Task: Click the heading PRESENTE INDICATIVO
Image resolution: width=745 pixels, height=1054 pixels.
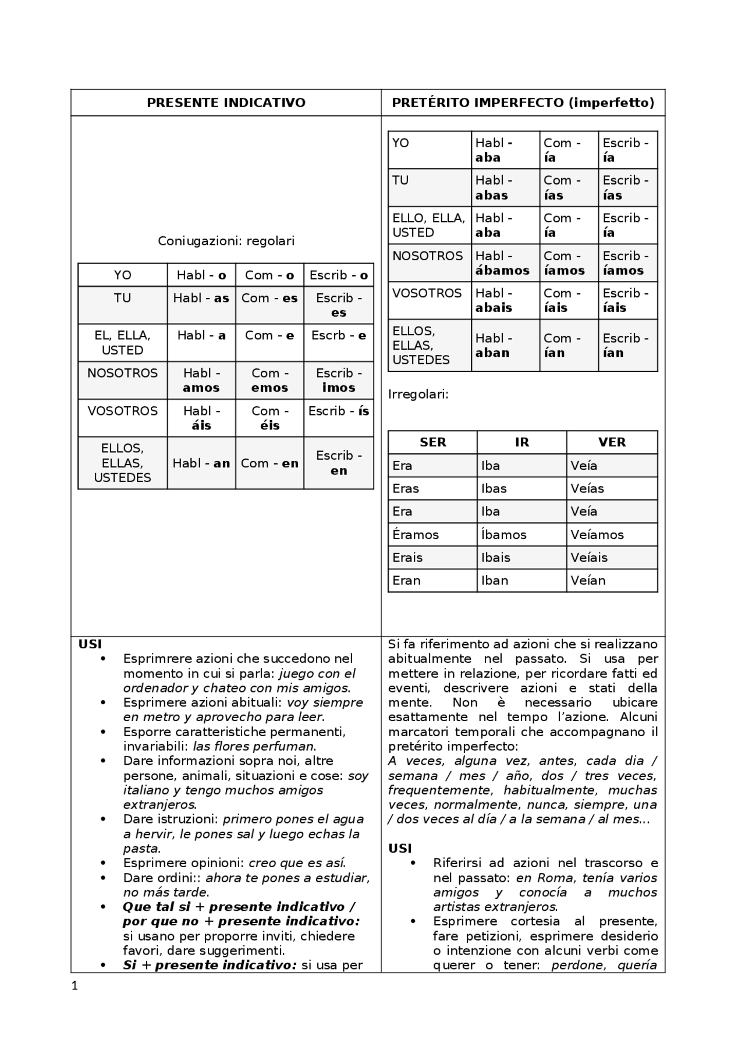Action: pos(226,103)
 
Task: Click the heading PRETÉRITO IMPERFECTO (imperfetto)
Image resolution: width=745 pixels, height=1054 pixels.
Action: pos(523,103)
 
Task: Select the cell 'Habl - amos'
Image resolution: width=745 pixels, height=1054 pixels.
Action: pos(201,381)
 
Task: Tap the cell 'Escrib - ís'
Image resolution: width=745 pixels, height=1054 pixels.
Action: pos(339,411)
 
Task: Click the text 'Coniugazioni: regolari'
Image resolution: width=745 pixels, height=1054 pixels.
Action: pos(226,241)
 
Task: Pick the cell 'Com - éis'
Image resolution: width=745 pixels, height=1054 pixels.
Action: pos(269,418)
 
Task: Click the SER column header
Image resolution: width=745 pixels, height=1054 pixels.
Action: pos(432,442)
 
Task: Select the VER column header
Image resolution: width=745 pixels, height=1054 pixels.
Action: pos(612,442)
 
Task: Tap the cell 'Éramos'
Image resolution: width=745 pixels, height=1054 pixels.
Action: pos(416,534)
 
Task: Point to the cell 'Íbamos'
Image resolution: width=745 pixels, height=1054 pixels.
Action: pos(503,534)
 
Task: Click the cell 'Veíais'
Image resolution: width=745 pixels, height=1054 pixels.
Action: pos(589,558)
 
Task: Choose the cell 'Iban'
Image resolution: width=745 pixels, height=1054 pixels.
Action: pos(495,580)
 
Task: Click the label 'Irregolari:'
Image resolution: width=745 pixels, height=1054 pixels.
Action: pos(418,395)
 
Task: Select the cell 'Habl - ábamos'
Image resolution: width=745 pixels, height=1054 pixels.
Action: pos(502,263)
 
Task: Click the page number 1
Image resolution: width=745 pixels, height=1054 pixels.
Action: pos(74,985)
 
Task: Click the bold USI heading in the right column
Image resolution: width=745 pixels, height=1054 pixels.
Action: pos(400,849)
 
